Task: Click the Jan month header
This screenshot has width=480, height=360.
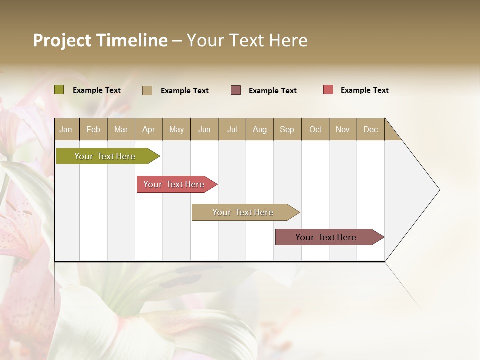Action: [66, 129]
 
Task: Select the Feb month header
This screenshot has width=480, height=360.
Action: [93, 129]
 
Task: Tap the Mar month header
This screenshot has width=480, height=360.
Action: [121, 129]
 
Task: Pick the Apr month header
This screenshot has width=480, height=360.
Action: [149, 129]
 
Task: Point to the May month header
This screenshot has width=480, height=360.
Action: [176, 129]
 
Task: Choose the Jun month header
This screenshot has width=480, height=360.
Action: [204, 129]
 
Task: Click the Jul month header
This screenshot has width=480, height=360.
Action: [232, 129]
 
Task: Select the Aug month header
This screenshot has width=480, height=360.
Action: [260, 129]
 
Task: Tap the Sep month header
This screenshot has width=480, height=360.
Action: [287, 129]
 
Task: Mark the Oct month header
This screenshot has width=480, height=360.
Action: [315, 129]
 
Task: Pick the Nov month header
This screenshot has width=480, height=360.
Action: [343, 129]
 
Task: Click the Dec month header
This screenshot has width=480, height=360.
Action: [370, 129]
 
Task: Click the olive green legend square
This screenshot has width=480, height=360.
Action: [59, 90]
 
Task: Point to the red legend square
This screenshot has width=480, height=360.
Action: [328, 90]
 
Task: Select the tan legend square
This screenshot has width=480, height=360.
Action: [147, 90]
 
